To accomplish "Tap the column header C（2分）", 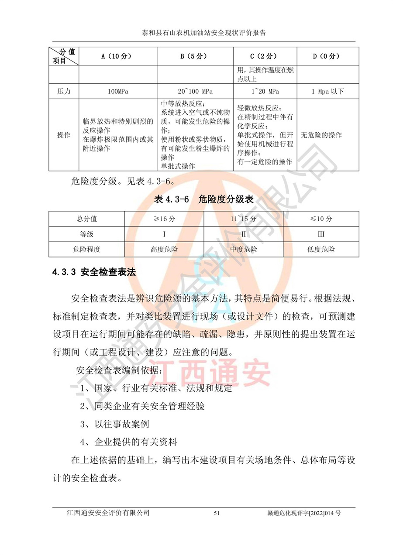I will (x=265, y=56).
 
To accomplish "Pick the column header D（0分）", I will (x=327, y=56).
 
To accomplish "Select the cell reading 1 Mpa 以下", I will (x=327, y=92).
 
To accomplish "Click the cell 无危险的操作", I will (x=322, y=135).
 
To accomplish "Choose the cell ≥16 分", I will (x=164, y=219).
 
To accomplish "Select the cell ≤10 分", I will (x=321, y=219).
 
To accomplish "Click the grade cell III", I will (x=321, y=234).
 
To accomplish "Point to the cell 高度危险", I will (x=164, y=250).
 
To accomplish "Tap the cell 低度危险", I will (x=321, y=250).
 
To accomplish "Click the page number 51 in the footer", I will (x=217, y=513).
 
